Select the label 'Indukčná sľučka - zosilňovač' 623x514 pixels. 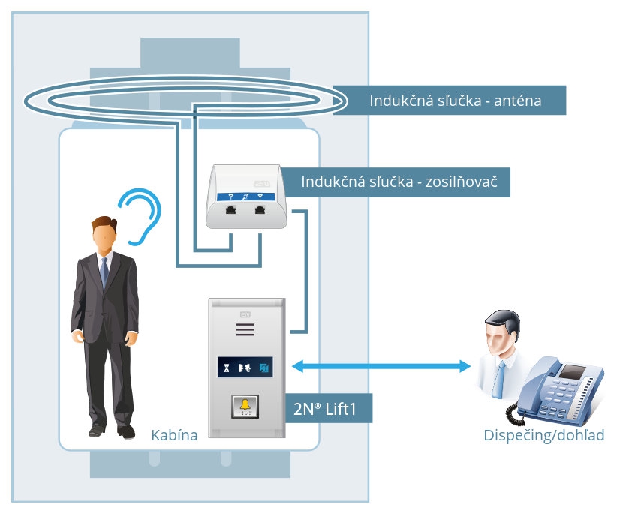pyautogui.click(x=405, y=182)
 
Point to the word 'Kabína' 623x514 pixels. pyautogui.click(x=174, y=435)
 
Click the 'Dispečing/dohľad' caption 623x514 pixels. pyautogui.click(x=543, y=436)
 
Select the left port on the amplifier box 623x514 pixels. pyautogui.click(x=231, y=212)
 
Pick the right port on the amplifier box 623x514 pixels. pyautogui.click(x=260, y=212)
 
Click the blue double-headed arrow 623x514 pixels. pyautogui.click(x=381, y=367)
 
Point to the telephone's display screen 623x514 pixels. pyautogui.click(x=573, y=371)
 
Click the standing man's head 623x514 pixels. pyautogui.click(x=102, y=234)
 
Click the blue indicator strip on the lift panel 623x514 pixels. pyautogui.click(x=245, y=368)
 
